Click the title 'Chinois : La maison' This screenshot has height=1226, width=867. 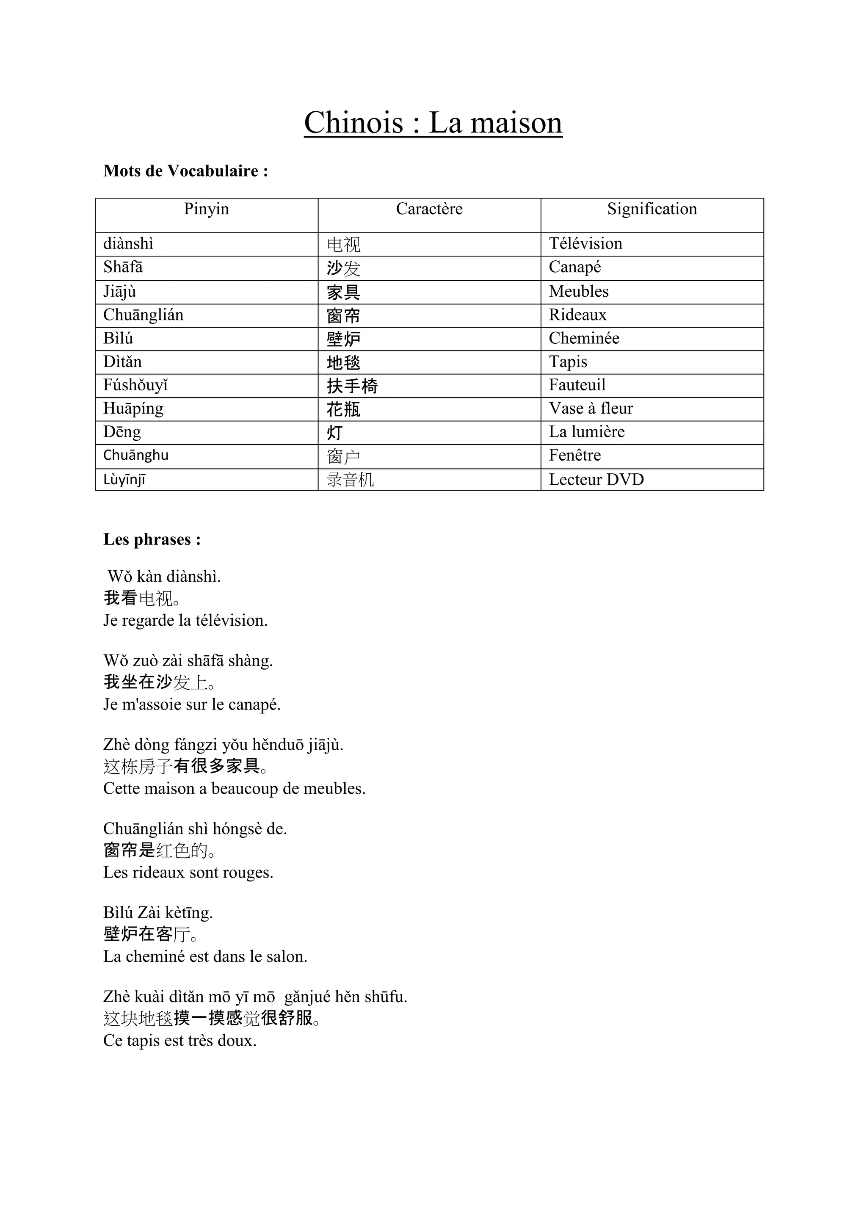433,123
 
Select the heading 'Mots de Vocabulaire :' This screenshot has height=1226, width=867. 185,171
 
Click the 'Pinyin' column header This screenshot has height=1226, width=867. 206,209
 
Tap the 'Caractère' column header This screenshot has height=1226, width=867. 429,209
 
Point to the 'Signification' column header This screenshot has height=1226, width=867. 652,209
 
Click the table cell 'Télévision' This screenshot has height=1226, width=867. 585,244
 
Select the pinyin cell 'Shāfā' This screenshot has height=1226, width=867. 123,267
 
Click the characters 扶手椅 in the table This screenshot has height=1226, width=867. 352,386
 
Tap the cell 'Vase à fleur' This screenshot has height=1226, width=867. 591,409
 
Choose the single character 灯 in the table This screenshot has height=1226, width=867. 335,433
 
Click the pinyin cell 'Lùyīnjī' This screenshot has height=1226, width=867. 124,480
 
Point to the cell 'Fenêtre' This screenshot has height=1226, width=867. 574,456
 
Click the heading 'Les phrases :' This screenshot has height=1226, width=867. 152,539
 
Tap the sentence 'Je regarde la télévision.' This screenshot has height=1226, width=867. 185,621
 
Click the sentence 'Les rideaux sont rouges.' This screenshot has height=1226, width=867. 188,873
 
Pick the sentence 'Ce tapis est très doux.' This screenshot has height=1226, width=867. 180,1041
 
